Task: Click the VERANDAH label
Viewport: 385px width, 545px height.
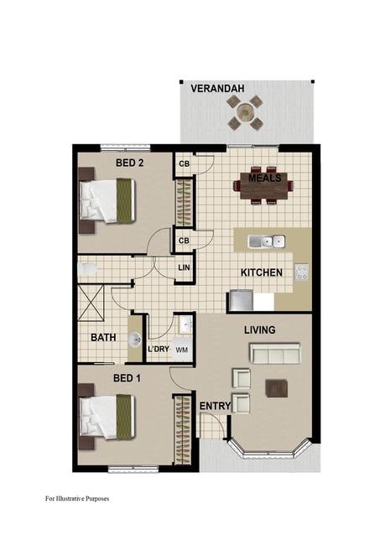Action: click(217, 89)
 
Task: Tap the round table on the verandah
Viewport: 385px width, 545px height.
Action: click(246, 112)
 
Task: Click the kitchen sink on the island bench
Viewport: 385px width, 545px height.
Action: click(267, 241)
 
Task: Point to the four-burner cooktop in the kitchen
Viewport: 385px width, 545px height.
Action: click(301, 272)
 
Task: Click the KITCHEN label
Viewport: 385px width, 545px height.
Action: click(262, 272)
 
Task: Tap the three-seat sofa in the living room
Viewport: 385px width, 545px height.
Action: click(275, 354)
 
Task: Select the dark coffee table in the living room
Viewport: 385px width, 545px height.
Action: click(277, 388)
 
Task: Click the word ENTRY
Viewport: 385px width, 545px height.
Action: click(215, 406)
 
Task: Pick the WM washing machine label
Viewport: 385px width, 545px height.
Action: click(182, 350)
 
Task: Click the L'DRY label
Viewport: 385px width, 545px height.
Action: click(159, 349)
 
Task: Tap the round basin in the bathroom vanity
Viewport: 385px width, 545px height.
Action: click(134, 340)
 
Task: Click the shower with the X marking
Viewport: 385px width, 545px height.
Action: click(91, 302)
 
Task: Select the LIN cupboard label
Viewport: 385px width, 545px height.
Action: click(184, 267)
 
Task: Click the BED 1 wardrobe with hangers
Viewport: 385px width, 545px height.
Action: click(183, 429)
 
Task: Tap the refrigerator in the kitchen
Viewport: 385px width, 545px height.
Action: click(241, 300)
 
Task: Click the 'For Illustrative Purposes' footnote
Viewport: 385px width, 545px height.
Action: click(77, 498)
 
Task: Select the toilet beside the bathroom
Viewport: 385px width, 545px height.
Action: click(86, 269)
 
